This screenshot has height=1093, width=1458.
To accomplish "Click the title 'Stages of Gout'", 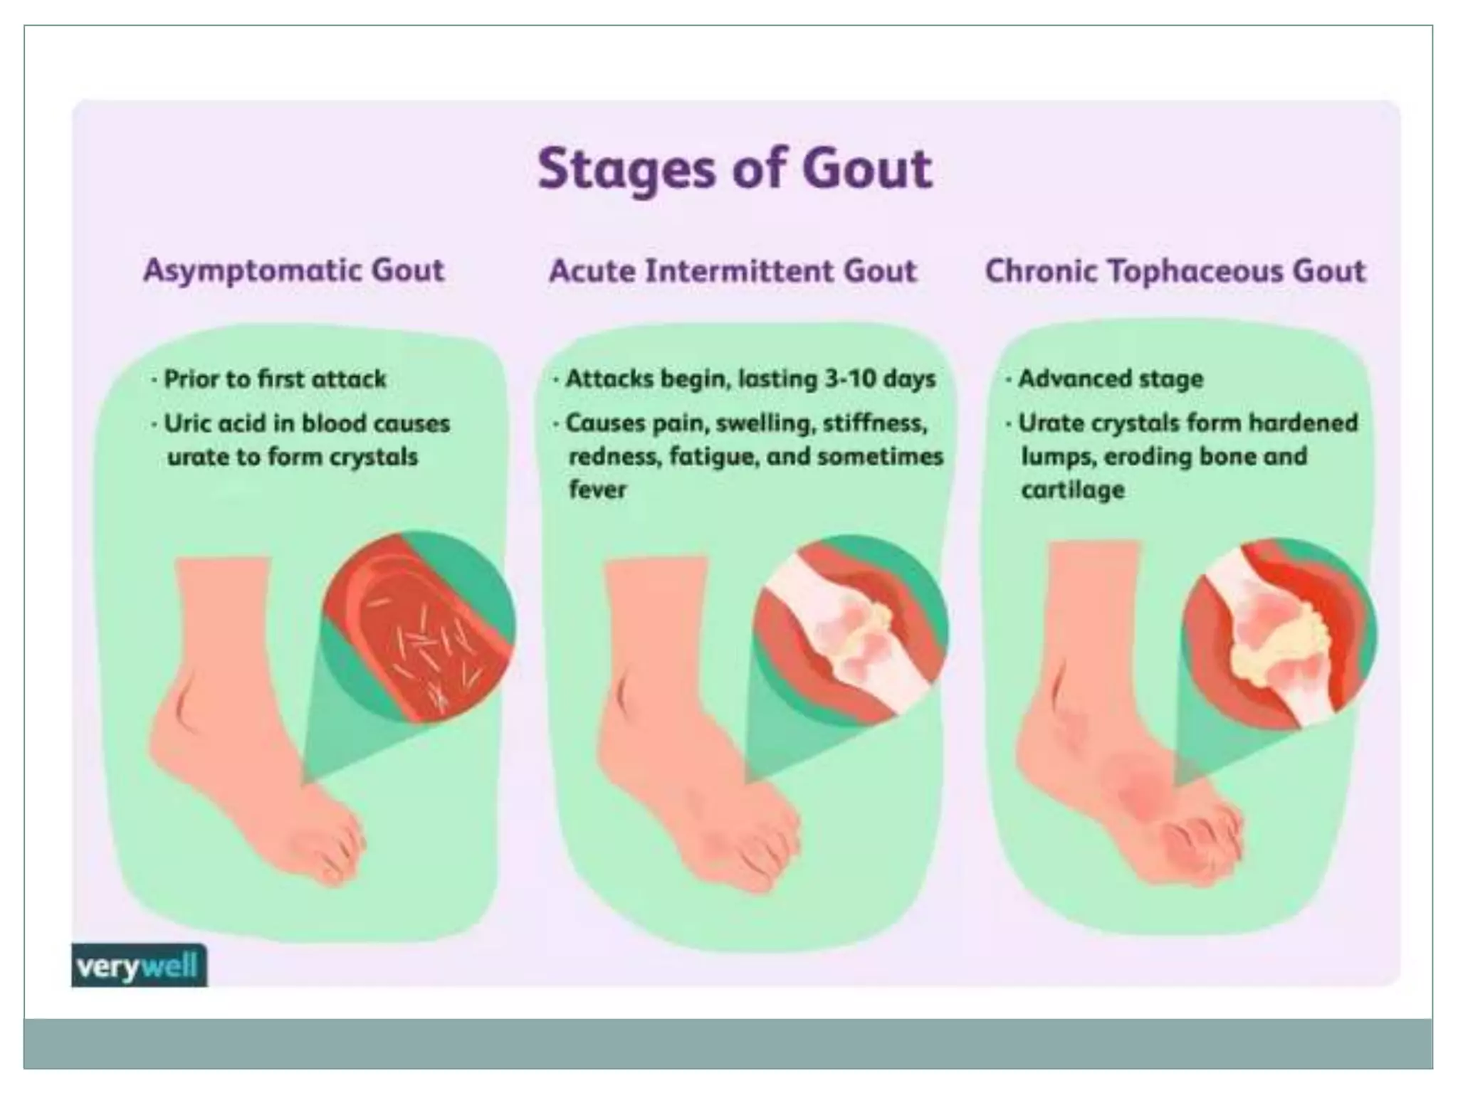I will [735, 169].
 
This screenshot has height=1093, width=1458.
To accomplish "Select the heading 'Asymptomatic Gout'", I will [294, 270].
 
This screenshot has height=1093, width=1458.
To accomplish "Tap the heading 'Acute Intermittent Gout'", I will [733, 271].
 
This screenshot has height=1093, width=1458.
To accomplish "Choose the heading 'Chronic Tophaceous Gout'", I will [1175, 271].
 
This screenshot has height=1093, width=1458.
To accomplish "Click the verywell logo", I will [138, 966].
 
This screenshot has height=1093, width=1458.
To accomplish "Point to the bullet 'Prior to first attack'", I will [275, 379].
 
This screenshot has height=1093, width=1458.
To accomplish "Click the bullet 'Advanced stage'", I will [1110, 379].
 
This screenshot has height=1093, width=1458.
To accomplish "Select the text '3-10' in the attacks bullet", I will [850, 379].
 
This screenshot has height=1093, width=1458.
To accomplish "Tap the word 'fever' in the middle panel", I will [597, 490].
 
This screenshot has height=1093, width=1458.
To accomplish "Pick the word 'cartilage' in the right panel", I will [1073, 490].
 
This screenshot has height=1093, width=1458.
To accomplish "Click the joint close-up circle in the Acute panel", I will [850, 630].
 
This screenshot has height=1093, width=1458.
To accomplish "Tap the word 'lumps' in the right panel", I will [1057, 456].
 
